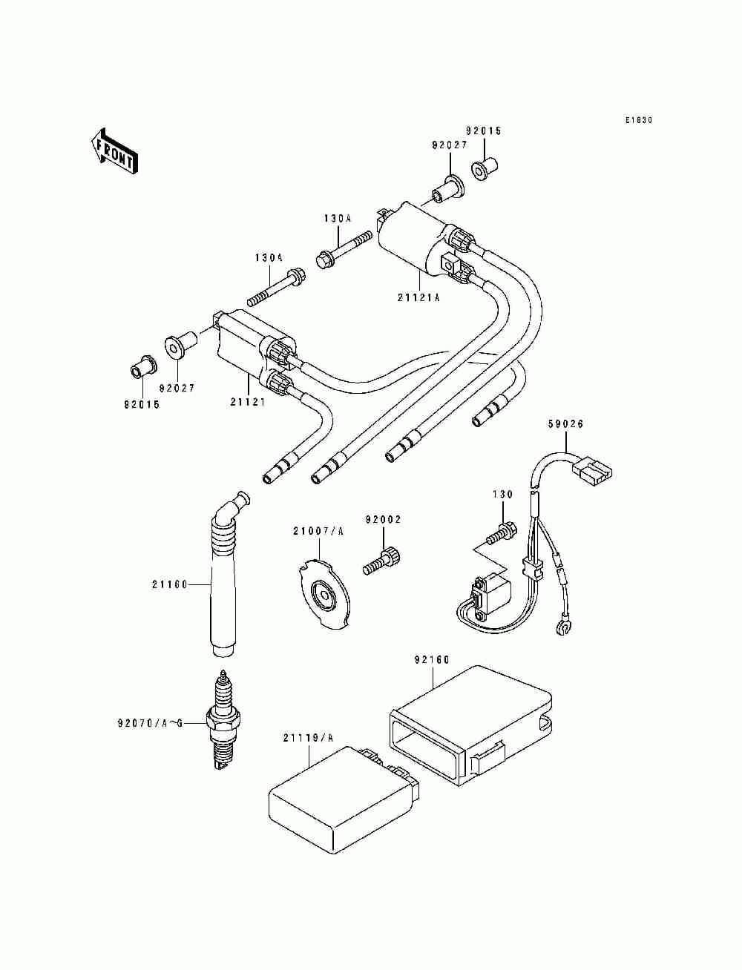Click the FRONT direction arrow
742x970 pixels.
[114, 151]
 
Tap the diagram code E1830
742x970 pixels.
[639, 120]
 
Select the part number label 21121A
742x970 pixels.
[418, 298]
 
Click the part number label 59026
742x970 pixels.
[565, 424]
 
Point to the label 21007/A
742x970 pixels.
[318, 532]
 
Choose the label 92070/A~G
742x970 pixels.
[150, 723]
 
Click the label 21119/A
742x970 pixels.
[309, 738]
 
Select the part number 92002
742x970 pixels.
[383, 520]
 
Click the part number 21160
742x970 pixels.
[170, 584]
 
